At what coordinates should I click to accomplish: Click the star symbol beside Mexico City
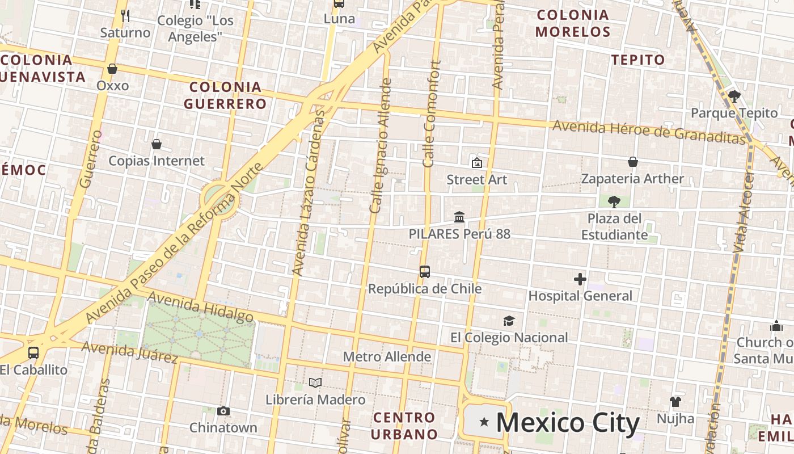coord(484,422)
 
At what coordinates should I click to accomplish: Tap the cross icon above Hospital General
coord(580,279)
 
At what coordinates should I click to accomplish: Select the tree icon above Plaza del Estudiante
coord(614,201)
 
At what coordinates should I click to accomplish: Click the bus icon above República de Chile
coord(425,272)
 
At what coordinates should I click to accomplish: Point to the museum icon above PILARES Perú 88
coord(459,217)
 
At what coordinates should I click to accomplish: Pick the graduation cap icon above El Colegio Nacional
coord(509,321)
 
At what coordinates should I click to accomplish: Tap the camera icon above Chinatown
coord(223,411)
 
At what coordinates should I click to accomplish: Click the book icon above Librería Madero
coord(315,383)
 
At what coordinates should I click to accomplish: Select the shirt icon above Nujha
coord(675,402)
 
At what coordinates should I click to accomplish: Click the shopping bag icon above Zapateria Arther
coord(633,162)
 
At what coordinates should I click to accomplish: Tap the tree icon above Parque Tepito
coord(734,96)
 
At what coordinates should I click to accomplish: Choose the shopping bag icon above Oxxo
coord(112,69)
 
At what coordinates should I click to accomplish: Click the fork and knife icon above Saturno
coord(125,16)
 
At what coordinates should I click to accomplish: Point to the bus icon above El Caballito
coord(33,353)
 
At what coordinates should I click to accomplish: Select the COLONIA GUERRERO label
coord(225,95)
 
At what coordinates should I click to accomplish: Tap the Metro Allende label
coord(387,357)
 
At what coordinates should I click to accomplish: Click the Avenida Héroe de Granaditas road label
coord(648,132)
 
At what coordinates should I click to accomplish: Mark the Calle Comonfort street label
coord(432,113)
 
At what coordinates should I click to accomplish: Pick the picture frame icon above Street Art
coord(477,163)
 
